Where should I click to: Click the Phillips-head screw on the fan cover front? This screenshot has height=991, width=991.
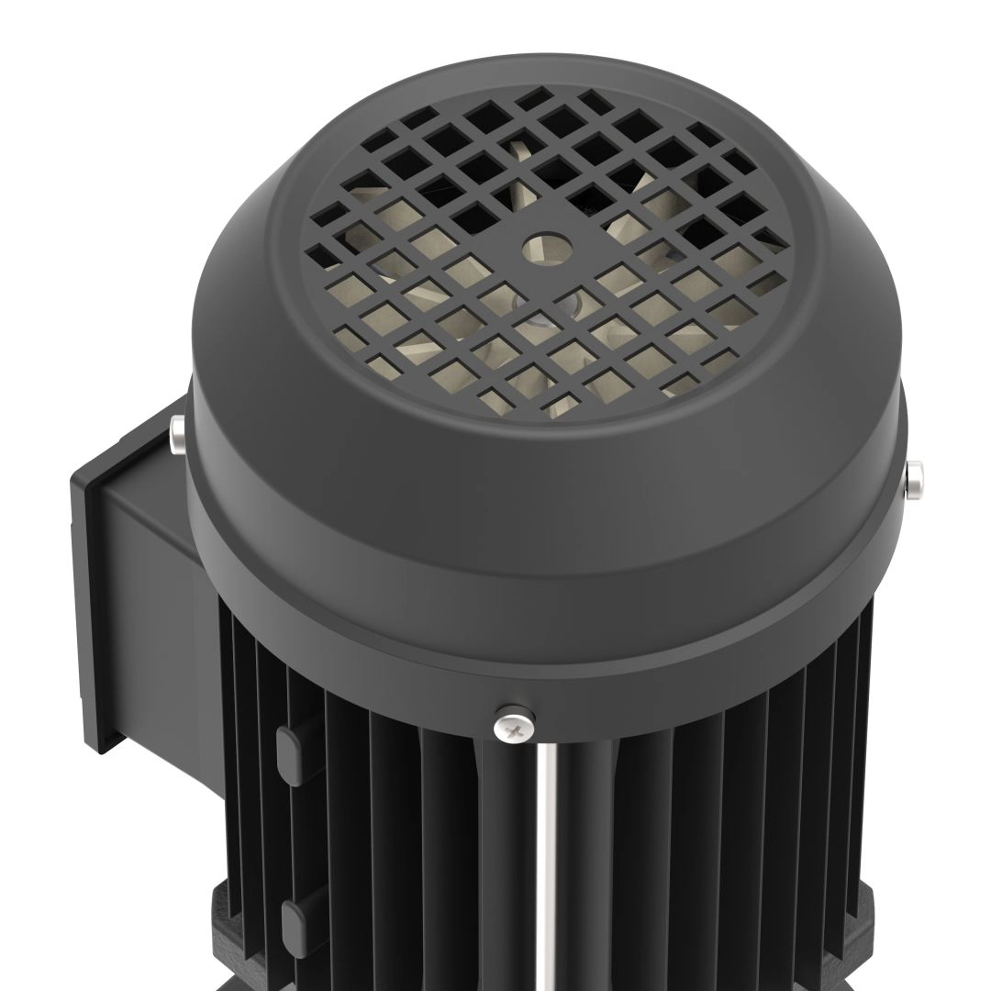click(516, 727)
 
